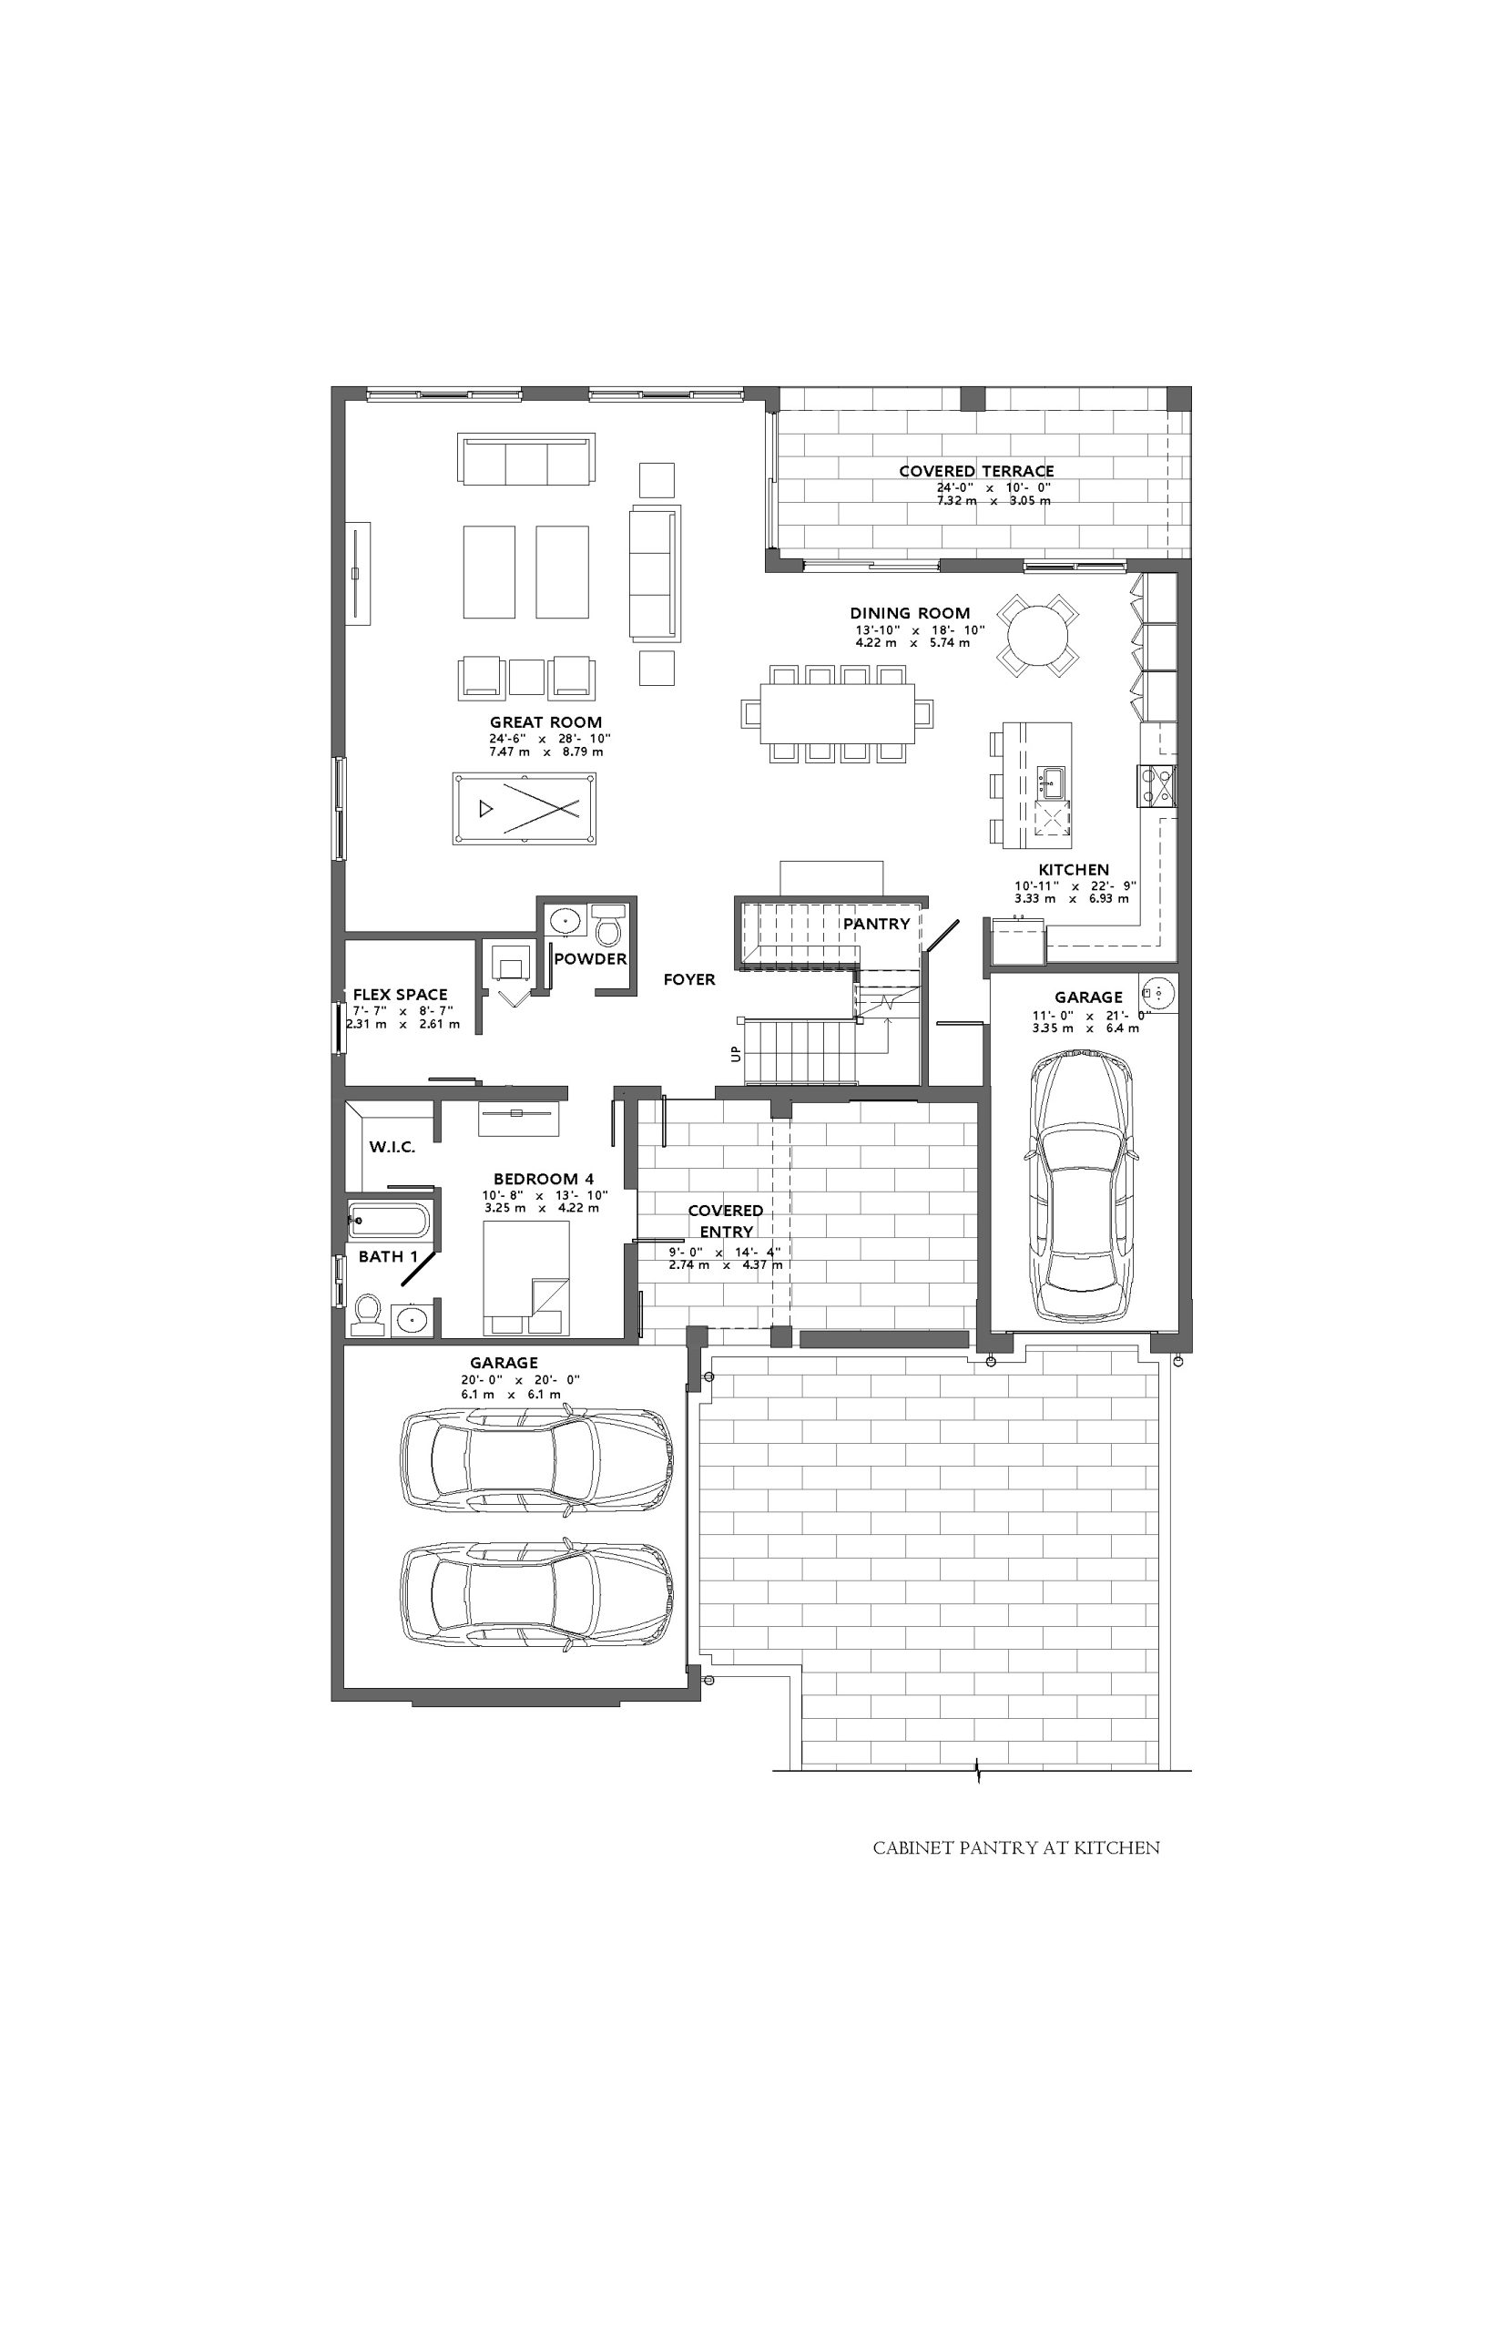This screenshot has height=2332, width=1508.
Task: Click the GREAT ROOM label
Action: click(x=545, y=722)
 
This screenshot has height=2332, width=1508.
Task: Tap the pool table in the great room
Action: click(x=525, y=808)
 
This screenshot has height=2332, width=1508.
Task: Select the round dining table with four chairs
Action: click(x=1038, y=635)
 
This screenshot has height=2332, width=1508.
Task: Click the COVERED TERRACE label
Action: click(x=976, y=471)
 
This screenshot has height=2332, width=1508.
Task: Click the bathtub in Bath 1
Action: click(x=389, y=1222)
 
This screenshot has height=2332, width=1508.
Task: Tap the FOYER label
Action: click(x=689, y=979)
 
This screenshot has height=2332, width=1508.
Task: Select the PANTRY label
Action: click(x=876, y=924)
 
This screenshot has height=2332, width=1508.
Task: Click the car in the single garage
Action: click(x=1082, y=1184)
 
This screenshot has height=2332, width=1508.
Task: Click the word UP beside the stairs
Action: click(x=736, y=1054)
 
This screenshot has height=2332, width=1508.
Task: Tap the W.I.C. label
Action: click(x=392, y=1147)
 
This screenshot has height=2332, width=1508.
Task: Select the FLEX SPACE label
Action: click(x=401, y=995)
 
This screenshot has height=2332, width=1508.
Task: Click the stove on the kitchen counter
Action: click(x=1157, y=785)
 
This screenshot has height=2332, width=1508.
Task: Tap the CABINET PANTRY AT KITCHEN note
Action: click(x=1016, y=1848)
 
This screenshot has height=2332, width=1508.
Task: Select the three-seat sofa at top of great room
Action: click(x=525, y=458)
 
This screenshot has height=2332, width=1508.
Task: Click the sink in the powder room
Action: click(x=564, y=922)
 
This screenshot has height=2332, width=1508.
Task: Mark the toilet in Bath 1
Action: click(x=367, y=1314)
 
